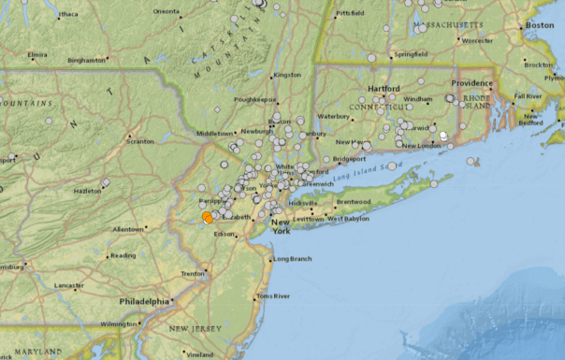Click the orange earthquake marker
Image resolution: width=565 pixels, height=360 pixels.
tap(208, 217)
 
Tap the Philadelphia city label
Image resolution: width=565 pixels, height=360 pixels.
tap(145, 301)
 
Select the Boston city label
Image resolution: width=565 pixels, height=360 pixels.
tap(540, 25)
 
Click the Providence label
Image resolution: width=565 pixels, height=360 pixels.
tap(473, 83)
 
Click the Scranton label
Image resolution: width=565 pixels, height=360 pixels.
tap(140, 141)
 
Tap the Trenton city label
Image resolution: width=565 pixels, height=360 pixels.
tap(193, 273)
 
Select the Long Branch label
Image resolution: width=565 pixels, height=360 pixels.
tap(291, 258)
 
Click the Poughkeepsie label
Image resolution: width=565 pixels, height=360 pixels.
tap(254, 98)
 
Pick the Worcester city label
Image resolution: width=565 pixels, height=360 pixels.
tap(477, 40)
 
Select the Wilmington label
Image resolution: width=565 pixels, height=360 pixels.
tap(119, 324)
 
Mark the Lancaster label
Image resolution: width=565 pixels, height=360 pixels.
tap(68, 284)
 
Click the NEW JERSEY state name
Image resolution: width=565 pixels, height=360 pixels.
tap(195, 329)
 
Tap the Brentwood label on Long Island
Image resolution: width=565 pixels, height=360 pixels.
tap(355, 201)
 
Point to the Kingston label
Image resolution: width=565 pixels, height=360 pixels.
tap(287, 75)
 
